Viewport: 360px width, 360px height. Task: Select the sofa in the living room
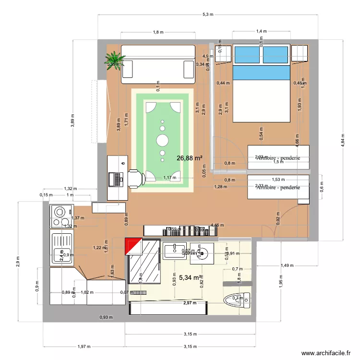pyautogui.click(x=158, y=61)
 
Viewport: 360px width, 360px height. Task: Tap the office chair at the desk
pyautogui.click(x=135, y=178)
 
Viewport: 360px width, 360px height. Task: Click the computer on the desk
pyautogui.click(x=116, y=179)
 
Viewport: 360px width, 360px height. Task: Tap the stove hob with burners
pyautogui.click(x=60, y=216)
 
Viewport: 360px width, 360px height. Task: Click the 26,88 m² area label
pyautogui.click(x=190, y=158)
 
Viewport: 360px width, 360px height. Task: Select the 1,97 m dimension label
pyautogui.click(x=84, y=346)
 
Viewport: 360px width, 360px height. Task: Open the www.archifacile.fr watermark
pyautogui.click(x=325, y=353)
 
